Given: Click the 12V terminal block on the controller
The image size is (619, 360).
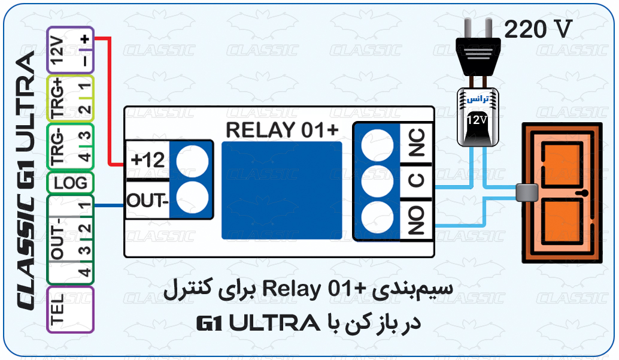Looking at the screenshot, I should coord(70,50).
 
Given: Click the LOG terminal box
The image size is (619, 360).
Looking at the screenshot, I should coord(70,182).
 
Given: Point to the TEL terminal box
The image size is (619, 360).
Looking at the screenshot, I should coord(70,309).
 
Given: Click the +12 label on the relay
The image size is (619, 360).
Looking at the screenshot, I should coord(147,161).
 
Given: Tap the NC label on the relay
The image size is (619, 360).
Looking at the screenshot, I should coord(416,144).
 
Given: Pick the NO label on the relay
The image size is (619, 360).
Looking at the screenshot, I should coord(416,220).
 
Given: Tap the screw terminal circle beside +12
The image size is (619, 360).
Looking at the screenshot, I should coord(193,160).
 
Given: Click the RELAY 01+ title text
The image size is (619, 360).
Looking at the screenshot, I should coord(281,129).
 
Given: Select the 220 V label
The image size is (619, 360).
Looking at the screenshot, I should coord(538,29).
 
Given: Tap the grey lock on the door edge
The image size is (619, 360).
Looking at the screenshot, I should coord(527,192).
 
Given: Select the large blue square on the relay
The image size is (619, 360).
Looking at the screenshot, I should coord(281,191).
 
